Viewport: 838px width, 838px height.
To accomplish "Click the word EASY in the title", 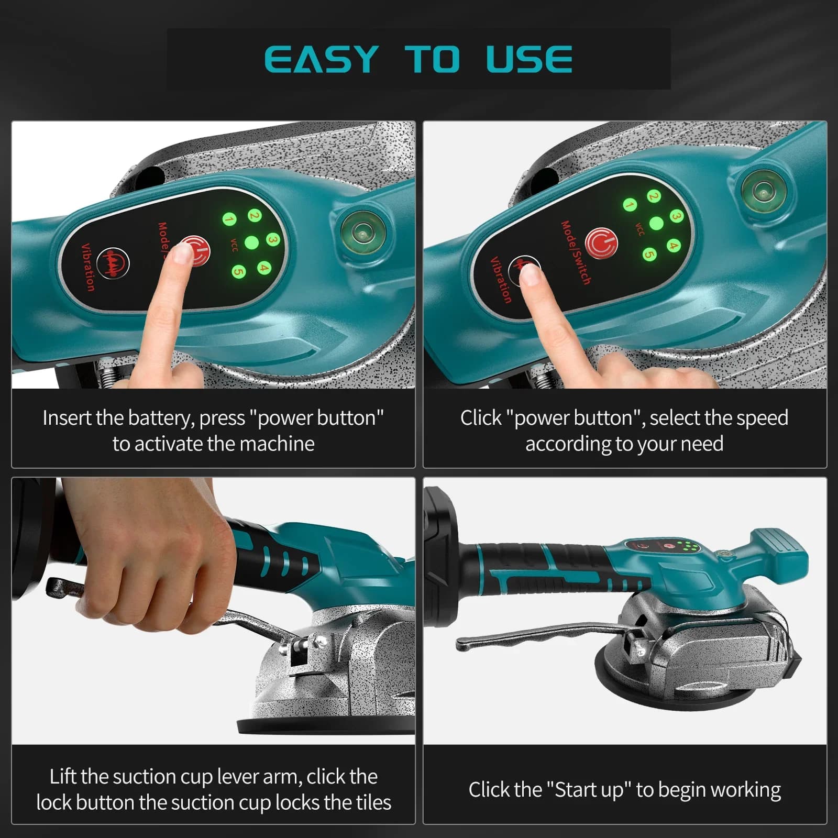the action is click(x=322, y=59).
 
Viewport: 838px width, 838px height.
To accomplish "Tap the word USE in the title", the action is click(x=529, y=59).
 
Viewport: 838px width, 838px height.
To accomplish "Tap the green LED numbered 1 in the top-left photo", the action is click(x=229, y=219).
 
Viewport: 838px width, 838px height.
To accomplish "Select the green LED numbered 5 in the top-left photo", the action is click(x=239, y=272).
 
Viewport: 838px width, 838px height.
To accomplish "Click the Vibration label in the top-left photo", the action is click(x=88, y=267).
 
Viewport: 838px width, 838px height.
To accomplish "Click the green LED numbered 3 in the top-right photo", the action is click(x=676, y=216).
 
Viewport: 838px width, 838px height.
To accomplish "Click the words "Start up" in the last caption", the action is click(x=591, y=790).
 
